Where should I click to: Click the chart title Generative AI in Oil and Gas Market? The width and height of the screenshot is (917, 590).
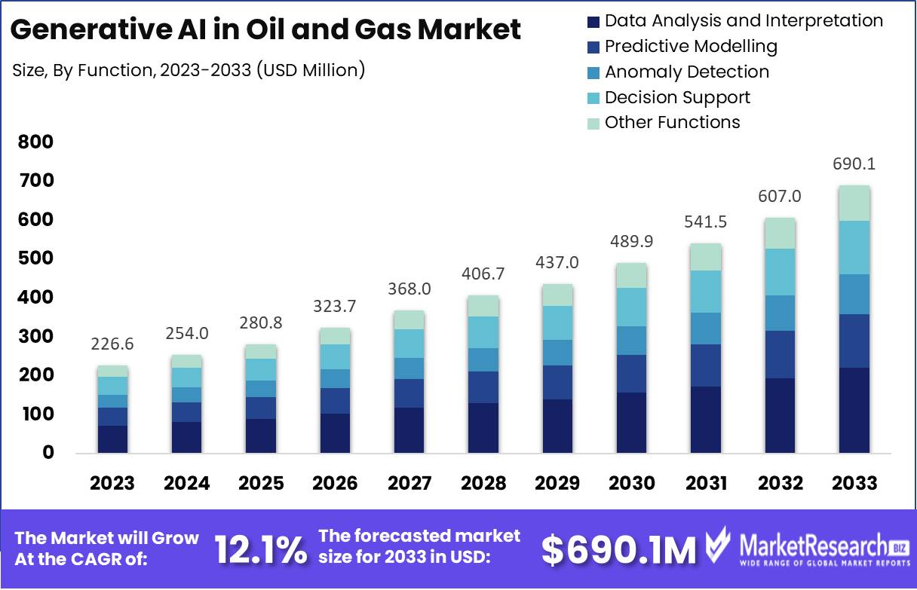click(266, 30)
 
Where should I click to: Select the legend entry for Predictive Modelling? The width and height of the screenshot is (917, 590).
click(690, 46)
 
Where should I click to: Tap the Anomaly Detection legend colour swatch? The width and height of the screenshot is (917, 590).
click(593, 72)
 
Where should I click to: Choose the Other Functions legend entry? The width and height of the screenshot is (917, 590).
click(672, 122)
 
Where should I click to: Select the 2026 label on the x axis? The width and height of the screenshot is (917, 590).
click(334, 483)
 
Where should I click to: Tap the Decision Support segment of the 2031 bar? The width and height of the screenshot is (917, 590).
click(704, 292)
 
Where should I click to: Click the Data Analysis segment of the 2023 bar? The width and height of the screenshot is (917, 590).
click(112, 439)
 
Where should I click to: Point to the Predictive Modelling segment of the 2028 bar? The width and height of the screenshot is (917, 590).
click(483, 387)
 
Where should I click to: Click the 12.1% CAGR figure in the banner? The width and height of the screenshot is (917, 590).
click(261, 550)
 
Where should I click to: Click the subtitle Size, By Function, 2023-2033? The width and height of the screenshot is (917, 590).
click(189, 70)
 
